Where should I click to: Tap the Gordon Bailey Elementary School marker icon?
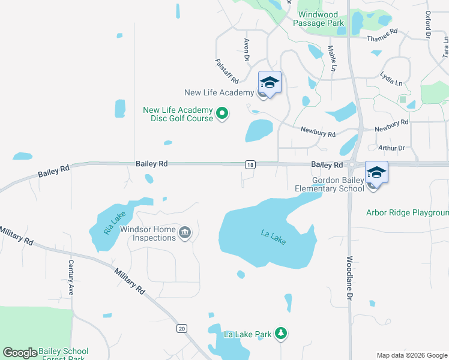click(376, 173)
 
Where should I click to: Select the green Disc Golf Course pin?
click(222, 113)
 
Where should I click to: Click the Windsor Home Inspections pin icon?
click(185, 233)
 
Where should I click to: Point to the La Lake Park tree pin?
click(281, 333)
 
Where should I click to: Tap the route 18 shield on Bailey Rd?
click(250, 164)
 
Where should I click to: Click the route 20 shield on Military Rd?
click(182, 328)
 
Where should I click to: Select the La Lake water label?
click(274, 237)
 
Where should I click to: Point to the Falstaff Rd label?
click(226, 71)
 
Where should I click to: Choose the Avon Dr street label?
click(246, 50)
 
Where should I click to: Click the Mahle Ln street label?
click(331, 59)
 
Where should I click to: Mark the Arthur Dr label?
click(391, 148)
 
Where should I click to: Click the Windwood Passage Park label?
click(319, 19)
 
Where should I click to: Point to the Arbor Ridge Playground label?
click(408, 213)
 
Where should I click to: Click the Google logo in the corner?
click(20, 353)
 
